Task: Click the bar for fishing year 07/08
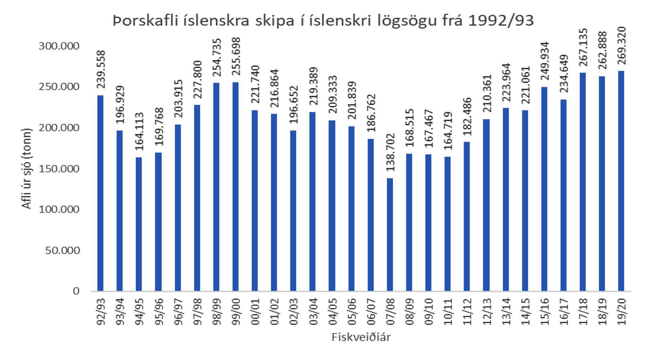[x=390, y=234]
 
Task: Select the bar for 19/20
[x=621, y=181]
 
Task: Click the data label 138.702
[x=390, y=152]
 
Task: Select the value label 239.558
[x=101, y=70]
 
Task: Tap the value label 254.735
[x=217, y=57]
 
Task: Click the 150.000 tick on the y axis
[x=59, y=169]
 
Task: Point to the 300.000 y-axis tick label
[x=59, y=46]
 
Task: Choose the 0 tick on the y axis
[x=76, y=291]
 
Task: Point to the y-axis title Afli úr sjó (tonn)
[x=27, y=169]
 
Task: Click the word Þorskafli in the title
[x=147, y=21]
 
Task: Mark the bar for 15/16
[x=544, y=189]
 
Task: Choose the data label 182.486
[x=467, y=117]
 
